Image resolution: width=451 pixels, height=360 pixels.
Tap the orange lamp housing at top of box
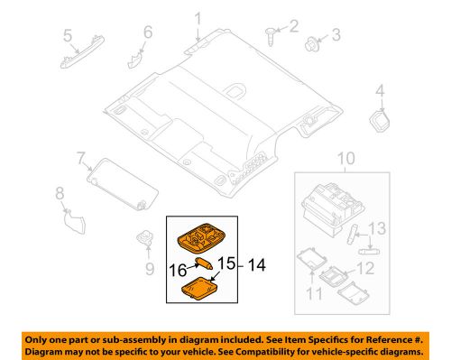click(x=202, y=238)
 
